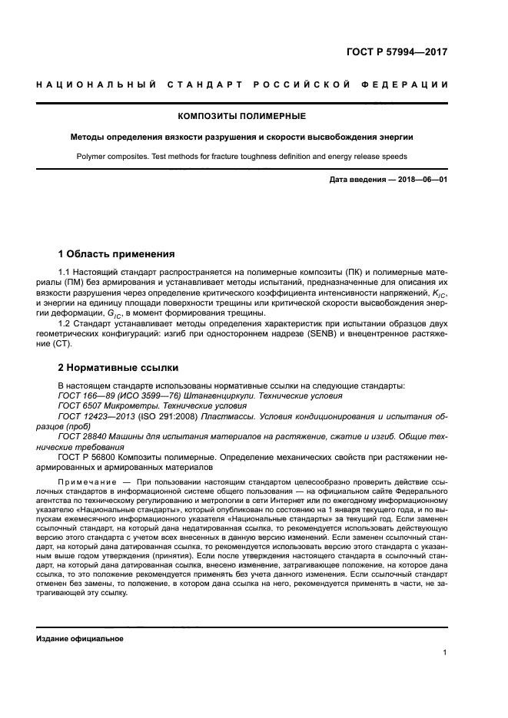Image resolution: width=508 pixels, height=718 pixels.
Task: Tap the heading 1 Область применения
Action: tap(117, 253)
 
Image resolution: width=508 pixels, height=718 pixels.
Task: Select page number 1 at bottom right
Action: tap(445, 653)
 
